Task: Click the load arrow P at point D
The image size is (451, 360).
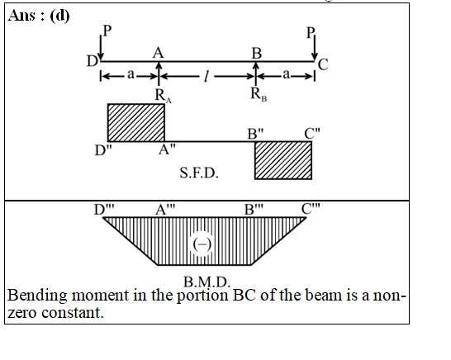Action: (101, 48)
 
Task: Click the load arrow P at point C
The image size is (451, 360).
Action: (315, 48)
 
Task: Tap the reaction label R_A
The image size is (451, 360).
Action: (163, 96)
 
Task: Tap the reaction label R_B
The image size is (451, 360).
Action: (259, 94)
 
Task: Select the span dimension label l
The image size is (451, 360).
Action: (206, 76)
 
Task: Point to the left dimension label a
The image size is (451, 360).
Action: (131, 74)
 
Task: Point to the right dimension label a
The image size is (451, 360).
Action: (286, 74)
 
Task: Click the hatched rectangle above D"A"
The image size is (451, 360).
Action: (136, 123)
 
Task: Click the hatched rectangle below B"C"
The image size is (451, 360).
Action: (283, 160)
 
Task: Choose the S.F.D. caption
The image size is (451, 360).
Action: (199, 173)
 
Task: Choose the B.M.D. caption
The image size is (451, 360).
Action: (207, 282)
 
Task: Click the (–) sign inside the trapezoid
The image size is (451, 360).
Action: (202, 244)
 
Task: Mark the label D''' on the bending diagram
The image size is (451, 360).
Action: (104, 210)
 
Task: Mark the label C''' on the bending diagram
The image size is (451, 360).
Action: (311, 209)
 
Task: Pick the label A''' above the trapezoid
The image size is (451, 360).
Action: (165, 210)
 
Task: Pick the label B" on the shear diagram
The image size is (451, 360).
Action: (255, 134)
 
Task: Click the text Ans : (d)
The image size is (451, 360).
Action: (39, 16)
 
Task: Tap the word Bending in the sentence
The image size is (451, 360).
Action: (37, 296)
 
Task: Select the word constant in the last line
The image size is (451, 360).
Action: (72, 313)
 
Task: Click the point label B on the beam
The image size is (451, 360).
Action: (257, 54)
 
